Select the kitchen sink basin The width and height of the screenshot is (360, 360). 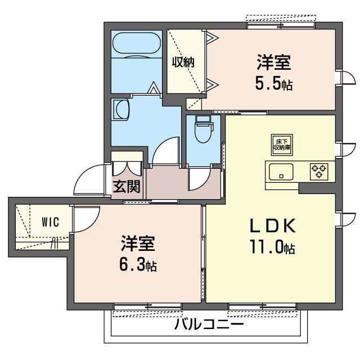pyautogui.click(x=281, y=172)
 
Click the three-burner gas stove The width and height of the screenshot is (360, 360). pyautogui.click(x=319, y=172)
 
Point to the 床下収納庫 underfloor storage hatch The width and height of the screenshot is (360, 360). pyautogui.click(x=282, y=145)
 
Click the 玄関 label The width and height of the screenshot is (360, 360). pyautogui.click(x=127, y=186)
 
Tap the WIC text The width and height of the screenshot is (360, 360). pyautogui.click(x=51, y=222)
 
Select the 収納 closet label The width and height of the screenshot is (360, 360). pyautogui.click(x=183, y=62)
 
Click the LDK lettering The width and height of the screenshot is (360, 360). pyautogui.click(x=272, y=226)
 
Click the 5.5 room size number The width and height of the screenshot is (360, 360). pyautogui.click(x=268, y=84)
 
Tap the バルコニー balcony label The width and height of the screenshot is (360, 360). pyautogui.click(x=209, y=325)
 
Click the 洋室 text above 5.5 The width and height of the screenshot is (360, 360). pyautogui.click(x=274, y=62)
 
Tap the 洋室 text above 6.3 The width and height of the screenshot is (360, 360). pyautogui.click(x=138, y=243)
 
